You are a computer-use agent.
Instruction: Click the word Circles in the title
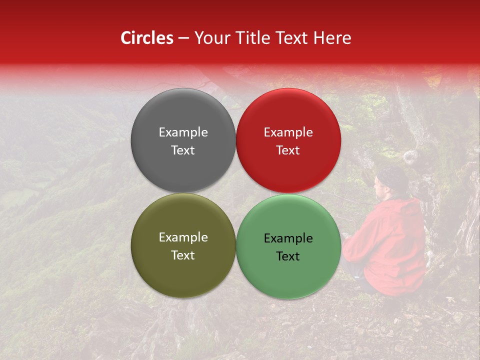pyautogui.click(x=147, y=38)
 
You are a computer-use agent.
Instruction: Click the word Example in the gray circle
pyautogui.click(x=183, y=132)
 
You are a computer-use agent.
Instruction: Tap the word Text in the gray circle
pyautogui.click(x=183, y=150)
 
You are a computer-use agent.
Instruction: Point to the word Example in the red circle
pyautogui.click(x=288, y=132)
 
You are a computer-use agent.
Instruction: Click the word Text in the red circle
pyautogui.click(x=288, y=150)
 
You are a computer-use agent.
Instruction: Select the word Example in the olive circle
pyautogui.click(x=183, y=237)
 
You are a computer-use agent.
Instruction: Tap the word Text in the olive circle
pyautogui.click(x=183, y=255)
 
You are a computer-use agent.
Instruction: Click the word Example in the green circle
pyautogui.click(x=288, y=238)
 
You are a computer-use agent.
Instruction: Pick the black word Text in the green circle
pyautogui.click(x=288, y=256)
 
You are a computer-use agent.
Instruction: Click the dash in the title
pyautogui.click(x=183, y=38)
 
